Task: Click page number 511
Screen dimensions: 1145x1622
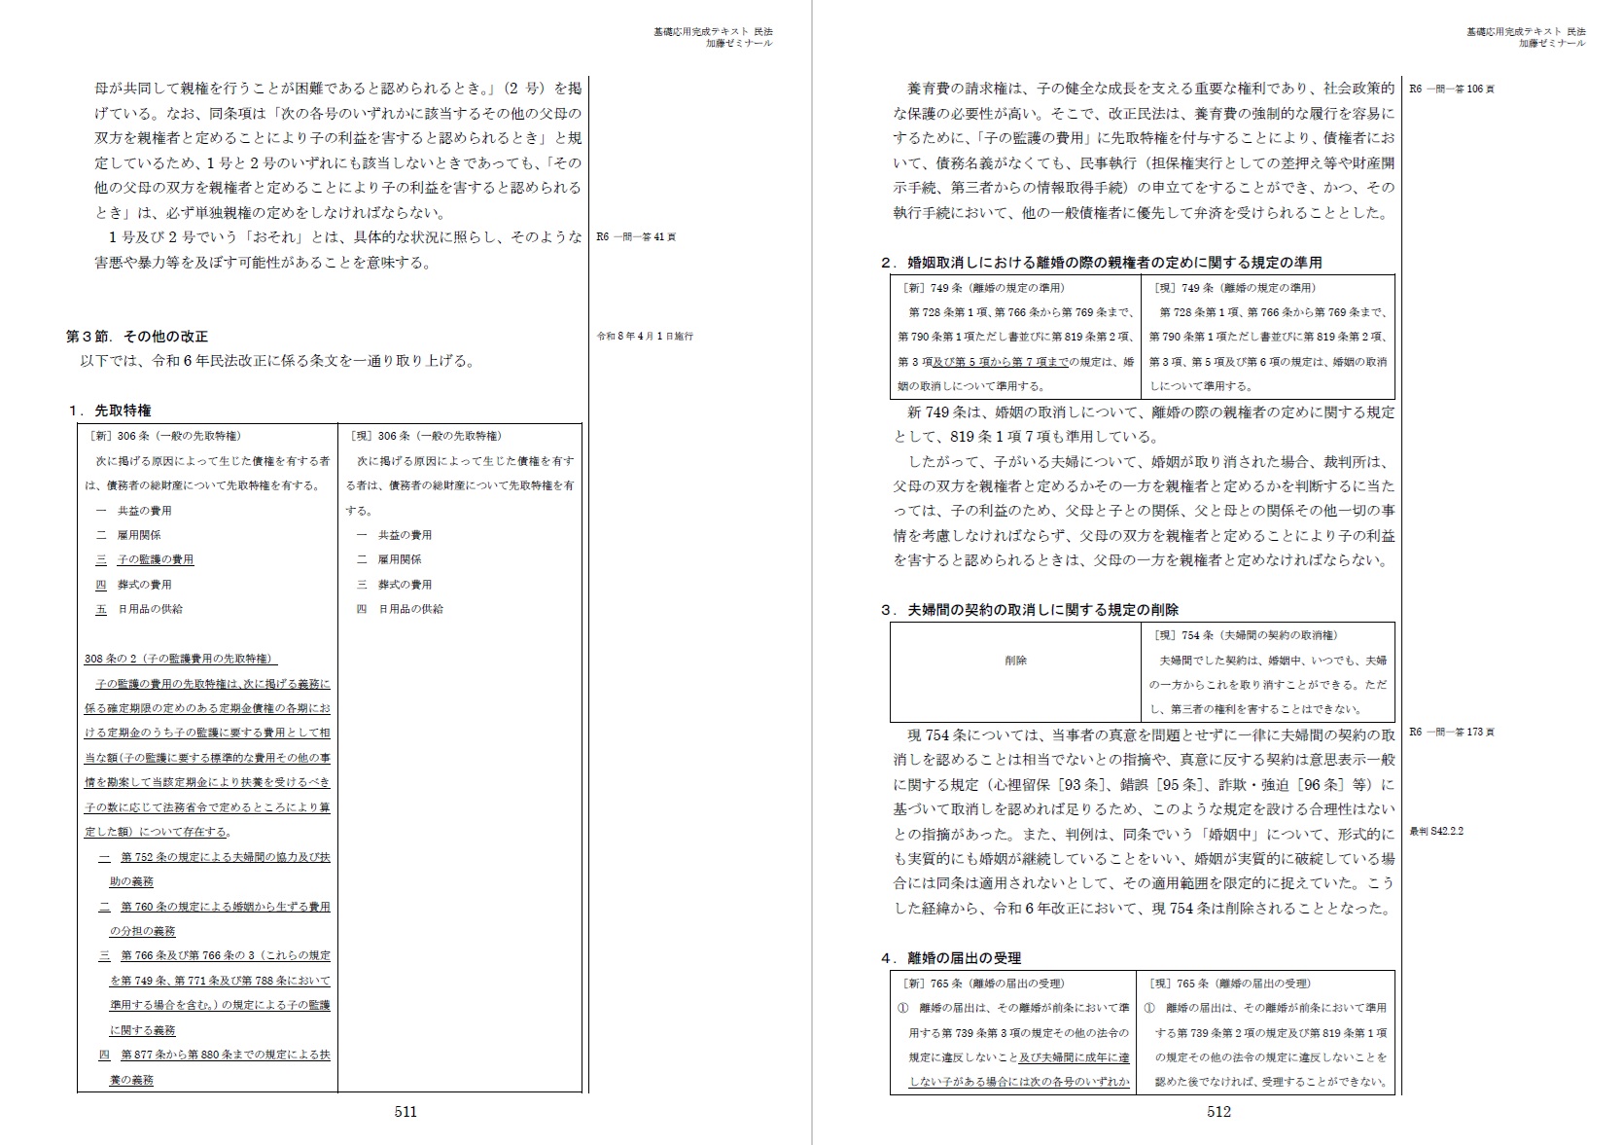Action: (x=405, y=1112)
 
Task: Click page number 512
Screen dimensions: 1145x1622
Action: (x=1218, y=1112)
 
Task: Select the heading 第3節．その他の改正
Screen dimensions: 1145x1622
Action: (x=137, y=337)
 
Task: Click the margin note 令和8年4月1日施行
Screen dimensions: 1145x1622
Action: (x=645, y=337)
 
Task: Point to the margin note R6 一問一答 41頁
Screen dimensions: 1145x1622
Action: (x=636, y=236)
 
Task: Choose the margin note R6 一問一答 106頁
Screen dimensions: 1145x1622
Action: (x=1452, y=89)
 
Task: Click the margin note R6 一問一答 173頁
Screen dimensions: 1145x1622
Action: (x=1452, y=732)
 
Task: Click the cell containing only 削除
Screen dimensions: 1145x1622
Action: (x=1015, y=661)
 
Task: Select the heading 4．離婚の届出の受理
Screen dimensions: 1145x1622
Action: (x=951, y=958)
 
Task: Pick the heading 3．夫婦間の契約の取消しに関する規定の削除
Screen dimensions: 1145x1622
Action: (x=1030, y=610)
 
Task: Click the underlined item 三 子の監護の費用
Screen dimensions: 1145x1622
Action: (x=145, y=559)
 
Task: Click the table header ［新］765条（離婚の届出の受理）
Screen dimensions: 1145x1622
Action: (x=982, y=984)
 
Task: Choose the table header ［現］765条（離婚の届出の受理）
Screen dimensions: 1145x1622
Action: (x=1229, y=984)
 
